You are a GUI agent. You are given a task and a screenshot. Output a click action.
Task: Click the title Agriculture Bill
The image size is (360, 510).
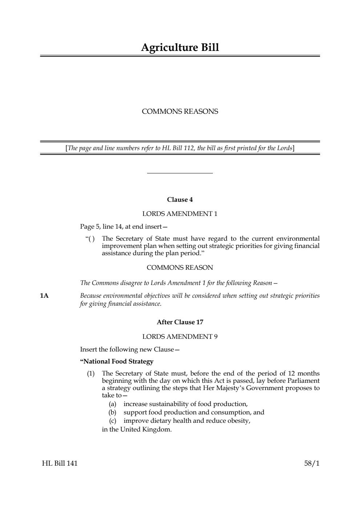point(180,48)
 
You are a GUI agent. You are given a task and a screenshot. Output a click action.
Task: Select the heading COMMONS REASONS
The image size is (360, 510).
point(180,112)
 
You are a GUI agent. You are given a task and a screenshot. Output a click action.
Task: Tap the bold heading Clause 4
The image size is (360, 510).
point(180,200)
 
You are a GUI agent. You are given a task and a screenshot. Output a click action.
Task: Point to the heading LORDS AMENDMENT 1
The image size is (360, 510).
point(180,214)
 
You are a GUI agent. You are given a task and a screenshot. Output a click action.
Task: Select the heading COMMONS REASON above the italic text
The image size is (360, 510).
point(180,268)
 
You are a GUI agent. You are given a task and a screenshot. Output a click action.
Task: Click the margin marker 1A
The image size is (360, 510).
point(44,296)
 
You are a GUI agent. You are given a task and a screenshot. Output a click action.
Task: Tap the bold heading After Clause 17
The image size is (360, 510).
point(180,322)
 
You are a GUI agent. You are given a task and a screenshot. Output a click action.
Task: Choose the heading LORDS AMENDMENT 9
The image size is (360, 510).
point(180,337)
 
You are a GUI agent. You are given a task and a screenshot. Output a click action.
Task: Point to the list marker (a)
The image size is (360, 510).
point(113,404)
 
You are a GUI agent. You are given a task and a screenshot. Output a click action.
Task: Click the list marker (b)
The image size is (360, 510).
point(113,413)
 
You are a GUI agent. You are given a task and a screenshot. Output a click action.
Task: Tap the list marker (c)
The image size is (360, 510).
point(113,421)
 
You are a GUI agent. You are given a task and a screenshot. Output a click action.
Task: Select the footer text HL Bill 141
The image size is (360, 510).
point(60,463)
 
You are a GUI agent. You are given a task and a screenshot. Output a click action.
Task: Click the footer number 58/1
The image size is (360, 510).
point(312,463)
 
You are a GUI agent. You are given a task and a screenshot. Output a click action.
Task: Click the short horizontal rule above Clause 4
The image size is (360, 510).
point(180,173)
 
